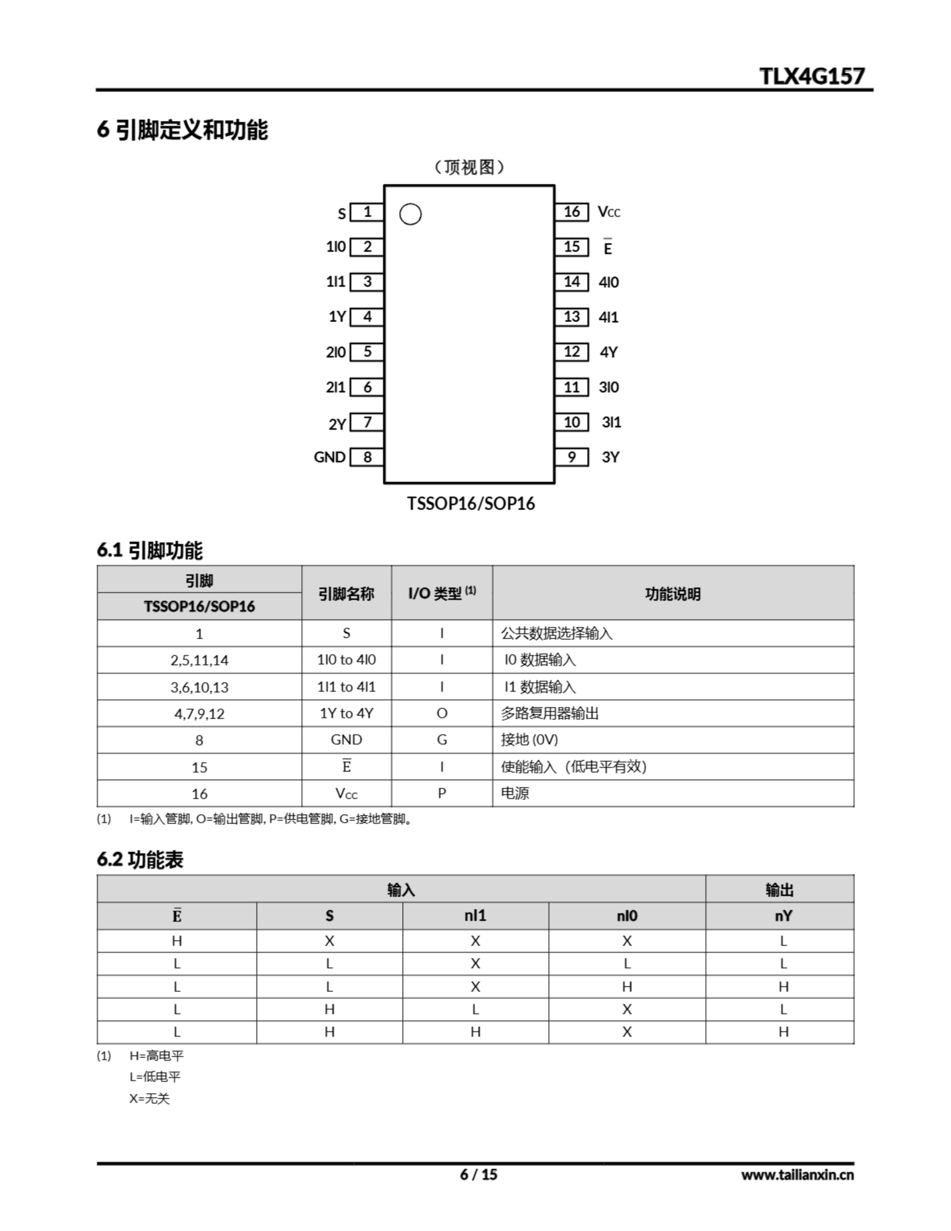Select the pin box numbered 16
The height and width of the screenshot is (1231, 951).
[571, 212]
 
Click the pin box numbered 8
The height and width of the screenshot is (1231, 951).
[367, 457]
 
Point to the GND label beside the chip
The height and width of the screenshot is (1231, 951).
[329, 457]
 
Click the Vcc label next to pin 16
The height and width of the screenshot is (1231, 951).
[609, 213]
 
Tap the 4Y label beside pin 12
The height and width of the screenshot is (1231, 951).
[608, 352]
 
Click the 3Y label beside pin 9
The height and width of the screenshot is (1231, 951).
[610, 457]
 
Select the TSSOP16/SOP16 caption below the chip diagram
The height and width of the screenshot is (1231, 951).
[471, 503]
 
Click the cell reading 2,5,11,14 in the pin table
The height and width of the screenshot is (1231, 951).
[199, 660]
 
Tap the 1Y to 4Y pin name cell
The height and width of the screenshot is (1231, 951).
[346, 714]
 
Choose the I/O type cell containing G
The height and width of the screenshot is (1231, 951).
[442, 740]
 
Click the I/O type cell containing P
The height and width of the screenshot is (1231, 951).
[442, 793]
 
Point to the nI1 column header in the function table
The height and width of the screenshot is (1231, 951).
[475, 916]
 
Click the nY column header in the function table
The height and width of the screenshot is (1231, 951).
[783, 916]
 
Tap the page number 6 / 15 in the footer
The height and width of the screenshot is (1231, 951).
[478, 1174]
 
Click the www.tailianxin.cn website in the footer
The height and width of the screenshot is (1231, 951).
[797, 1175]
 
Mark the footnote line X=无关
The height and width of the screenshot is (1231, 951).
[150, 1099]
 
